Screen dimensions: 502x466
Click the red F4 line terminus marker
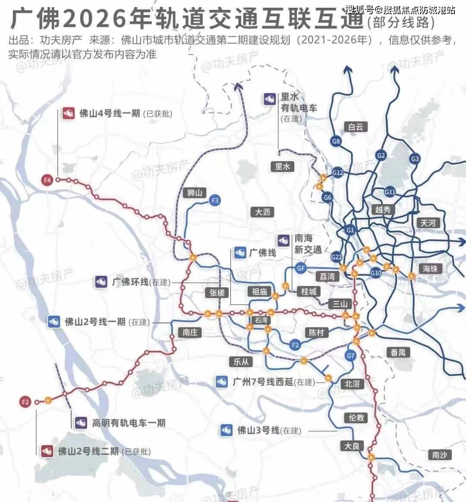[47, 180]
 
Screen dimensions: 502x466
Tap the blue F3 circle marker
[214, 200]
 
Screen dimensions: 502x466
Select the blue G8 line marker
[336, 141]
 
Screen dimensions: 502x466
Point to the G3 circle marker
[415, 159]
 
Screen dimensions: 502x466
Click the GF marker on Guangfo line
[301, 268]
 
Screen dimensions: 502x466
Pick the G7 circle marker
[351, 356]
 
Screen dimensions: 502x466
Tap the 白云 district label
[356, 127]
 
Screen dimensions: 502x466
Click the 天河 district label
[428, 223]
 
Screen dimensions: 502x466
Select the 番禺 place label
[398, 352]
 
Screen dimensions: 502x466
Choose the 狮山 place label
[195, 193]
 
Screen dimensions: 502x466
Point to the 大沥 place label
[263, 212]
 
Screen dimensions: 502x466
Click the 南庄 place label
[190, 332]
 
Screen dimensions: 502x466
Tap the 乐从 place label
[241, 361]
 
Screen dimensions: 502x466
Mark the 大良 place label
[352, 446]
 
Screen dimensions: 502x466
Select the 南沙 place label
[440, 455]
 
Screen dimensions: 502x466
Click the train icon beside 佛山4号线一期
[68, 113]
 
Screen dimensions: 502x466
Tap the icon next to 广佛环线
[101, 282]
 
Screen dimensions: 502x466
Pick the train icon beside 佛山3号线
[227, 430]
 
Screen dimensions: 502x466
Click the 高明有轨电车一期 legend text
[129, 423]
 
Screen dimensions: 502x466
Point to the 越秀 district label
[383, 210]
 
